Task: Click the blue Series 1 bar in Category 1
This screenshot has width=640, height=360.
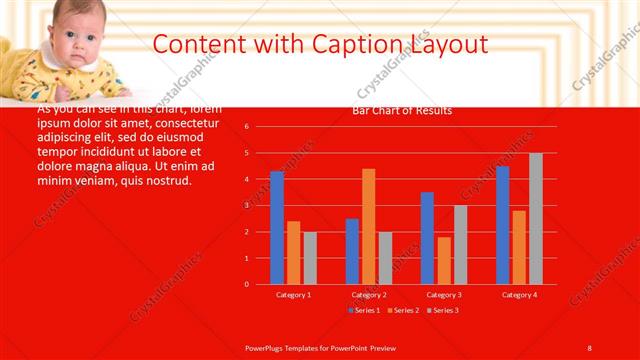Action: (277, 228)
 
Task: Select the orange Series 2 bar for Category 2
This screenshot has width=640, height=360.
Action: (369, 226)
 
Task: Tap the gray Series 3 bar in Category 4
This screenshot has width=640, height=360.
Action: (536, 218)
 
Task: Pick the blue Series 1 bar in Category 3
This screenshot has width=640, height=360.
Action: (427, 238)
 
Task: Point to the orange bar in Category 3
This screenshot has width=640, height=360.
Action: (444, 260)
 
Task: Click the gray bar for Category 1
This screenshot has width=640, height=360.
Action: (310, 258)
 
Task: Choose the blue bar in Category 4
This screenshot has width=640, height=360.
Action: (502, 225)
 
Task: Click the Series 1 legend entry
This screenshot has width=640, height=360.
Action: (364, 310)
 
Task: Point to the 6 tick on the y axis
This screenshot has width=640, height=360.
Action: (246, 127)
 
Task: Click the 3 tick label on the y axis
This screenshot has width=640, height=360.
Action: (246, 205)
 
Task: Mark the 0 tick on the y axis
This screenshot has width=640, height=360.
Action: (246, 284)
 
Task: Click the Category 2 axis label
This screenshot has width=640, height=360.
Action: (369, 295)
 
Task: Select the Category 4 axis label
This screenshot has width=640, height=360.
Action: (519, 295)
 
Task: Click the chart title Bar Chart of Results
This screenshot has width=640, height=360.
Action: (402, 110)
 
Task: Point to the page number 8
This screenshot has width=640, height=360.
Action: (589, 347)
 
